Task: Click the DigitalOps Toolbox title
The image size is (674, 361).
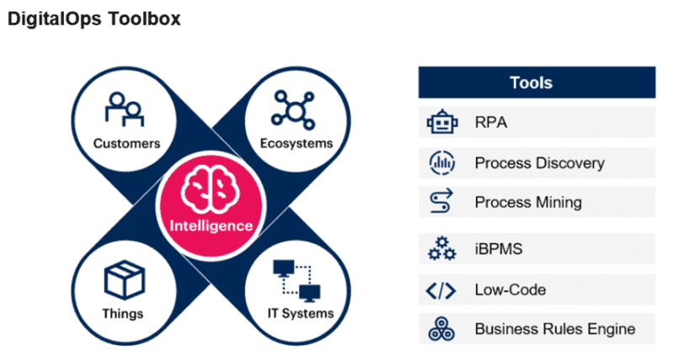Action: coord(94,19)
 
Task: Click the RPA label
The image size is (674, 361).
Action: coord(490,124)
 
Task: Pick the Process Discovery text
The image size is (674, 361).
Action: coord(539,162)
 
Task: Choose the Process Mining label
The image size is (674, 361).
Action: coord(528,202)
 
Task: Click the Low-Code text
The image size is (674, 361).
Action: coord(511,289)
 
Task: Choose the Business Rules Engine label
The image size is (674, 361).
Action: coord(554,328)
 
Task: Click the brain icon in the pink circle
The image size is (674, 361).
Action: coord(211,193)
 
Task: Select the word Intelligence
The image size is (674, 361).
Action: coord(211,226)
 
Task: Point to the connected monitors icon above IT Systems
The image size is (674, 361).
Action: coord(296,281)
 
